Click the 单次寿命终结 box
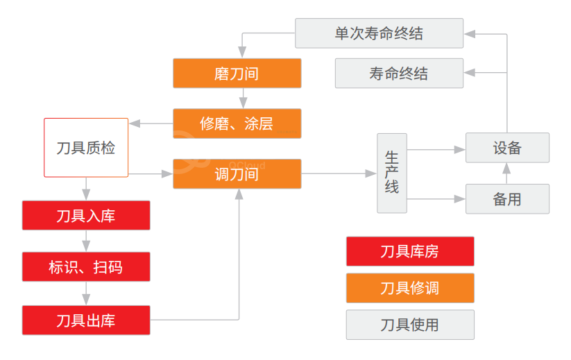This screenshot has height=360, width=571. click(x=379, y=33)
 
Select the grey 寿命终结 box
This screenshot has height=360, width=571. click(x=399, y=74)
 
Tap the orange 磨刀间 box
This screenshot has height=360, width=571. click(x=237, y=74)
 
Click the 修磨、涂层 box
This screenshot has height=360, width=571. click(x=237, y=124)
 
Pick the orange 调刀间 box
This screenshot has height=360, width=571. click(x=237, y=174)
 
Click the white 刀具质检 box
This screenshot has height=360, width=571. click(x=86, y=148)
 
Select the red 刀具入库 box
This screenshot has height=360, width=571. click(x=86, y=216)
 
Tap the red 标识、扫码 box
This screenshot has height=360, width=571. click(x=86, y=267)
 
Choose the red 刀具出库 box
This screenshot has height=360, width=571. click(x=86, y=320)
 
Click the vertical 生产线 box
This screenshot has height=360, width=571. click(x=391, y=173)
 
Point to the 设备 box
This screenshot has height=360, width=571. click(x=507, y=148)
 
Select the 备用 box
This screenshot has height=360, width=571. click(x=507, y=199)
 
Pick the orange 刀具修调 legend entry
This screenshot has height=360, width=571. click(x=410, y=288)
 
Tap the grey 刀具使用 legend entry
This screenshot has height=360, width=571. click(x=410, y=325)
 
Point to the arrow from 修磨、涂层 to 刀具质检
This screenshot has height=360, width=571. click(x=151, y=123)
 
